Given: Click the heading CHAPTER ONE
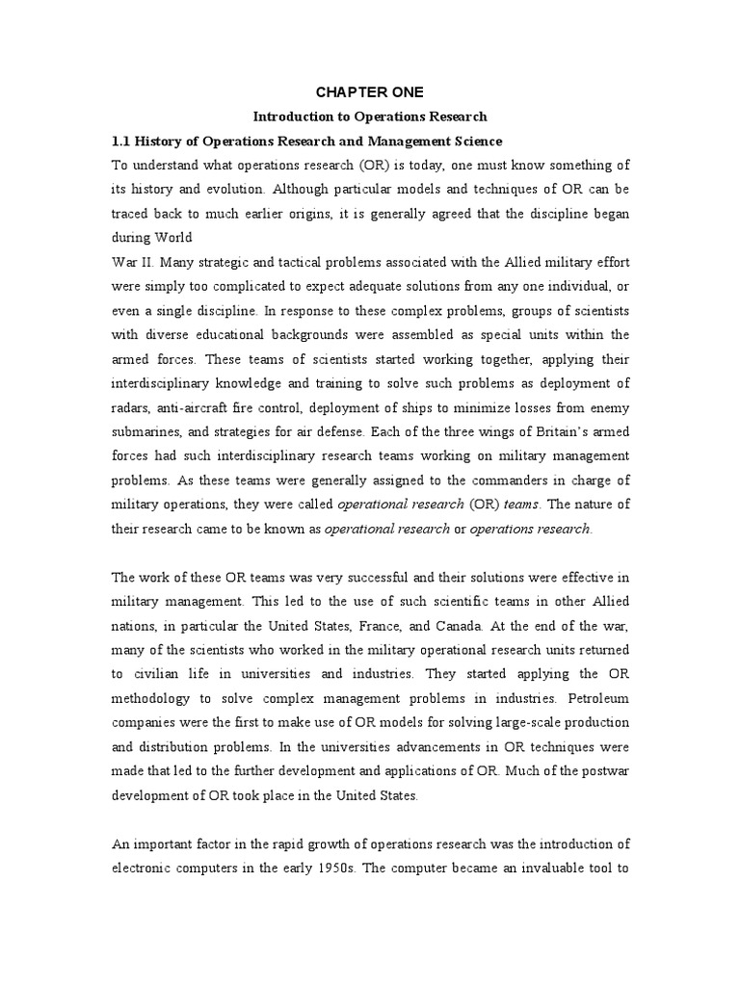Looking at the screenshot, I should click(370, 92).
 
